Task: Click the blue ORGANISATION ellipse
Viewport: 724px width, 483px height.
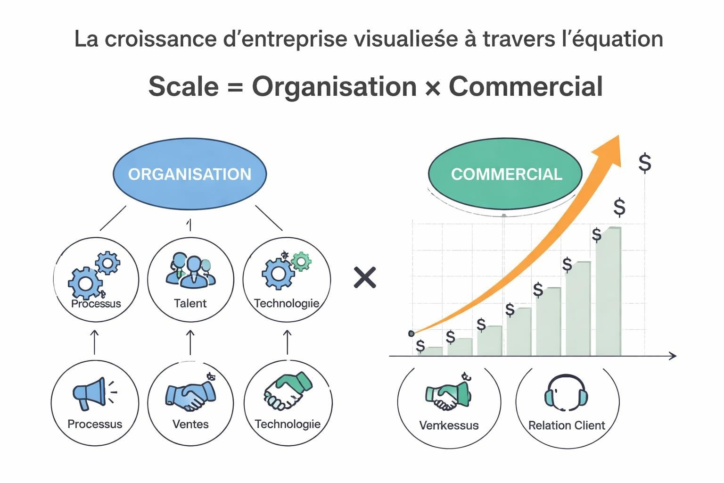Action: pos(189,174)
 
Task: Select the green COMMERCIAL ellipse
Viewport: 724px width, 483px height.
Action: pos(505,174)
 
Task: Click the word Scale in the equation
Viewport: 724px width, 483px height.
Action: pos(184,86)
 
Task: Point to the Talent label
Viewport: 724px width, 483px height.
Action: pos(190,303)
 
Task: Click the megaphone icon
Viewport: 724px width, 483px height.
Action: pos(91,393)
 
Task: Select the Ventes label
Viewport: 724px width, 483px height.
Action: pos(190,424)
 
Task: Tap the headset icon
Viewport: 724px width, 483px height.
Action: pos(566,393)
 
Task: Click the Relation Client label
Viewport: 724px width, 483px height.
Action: pos(567,425)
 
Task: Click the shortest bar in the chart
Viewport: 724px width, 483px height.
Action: pos(430,351)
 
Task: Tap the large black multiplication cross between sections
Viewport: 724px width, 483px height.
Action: pos(365,277)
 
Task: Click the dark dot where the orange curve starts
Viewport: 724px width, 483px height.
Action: pos(411,333)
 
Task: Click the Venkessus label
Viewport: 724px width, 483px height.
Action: pos(449,425)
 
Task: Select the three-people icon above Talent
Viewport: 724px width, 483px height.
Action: pos(190,270)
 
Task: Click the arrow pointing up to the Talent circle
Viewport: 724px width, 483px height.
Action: pos(190,342)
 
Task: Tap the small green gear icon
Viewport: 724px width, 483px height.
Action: pos(301,261)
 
